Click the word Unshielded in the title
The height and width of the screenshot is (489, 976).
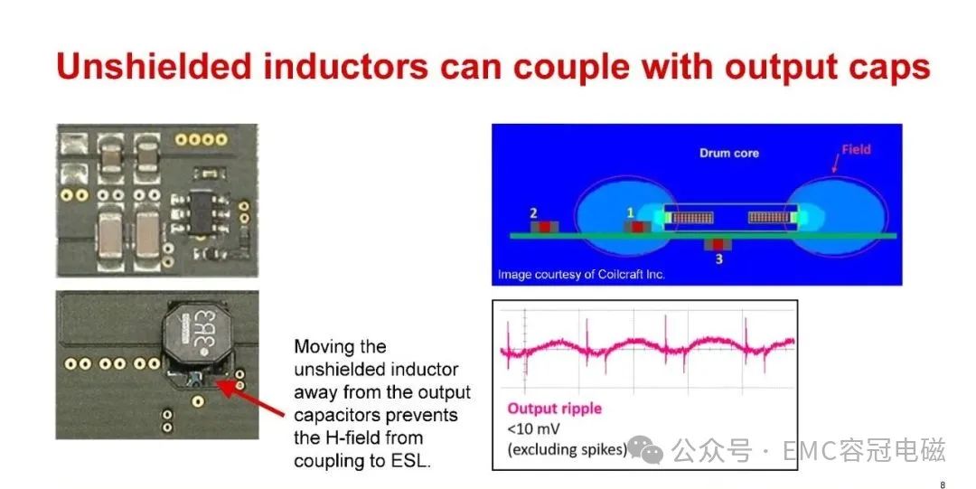(x=154, y=66)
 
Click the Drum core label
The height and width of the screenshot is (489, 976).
(x=729, y=154)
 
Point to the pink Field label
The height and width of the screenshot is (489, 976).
(x=856, y=149)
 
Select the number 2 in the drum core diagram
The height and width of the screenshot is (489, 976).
(x=533, y=213)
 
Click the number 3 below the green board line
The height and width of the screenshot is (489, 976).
(x=719, y=259)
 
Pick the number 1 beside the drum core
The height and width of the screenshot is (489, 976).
(x=630, y=213)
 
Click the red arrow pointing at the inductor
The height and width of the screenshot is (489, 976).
(x=251, y=399)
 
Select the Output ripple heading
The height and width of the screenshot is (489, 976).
(x=555, y=409)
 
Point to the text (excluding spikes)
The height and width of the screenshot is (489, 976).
(x=567, y=449)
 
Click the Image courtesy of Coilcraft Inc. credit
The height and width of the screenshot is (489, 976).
(x=581, y=274)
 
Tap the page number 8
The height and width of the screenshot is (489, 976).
(x=943, y=484)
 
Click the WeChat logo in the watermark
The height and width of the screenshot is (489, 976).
(x=645, y=449)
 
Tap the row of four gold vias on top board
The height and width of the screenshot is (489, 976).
(x=201, y=139)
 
